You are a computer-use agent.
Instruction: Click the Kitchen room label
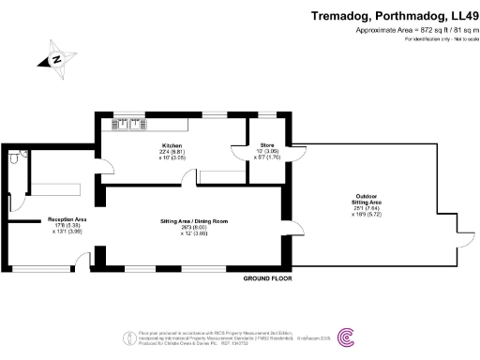[x=171, y=146]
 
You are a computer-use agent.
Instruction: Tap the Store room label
[x=262, y=146]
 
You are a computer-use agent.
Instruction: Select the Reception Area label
[x=67, y=219]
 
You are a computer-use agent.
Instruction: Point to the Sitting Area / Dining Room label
[x=193, y=221]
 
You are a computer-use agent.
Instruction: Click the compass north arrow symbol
[x=56, y=59]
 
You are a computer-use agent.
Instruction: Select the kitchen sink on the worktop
[x=127, y=123]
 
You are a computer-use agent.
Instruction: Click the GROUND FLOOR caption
[x=268, y=278]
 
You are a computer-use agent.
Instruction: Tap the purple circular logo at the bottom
[x=346, y=336]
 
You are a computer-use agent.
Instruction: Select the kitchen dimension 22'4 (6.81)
[x=171, y=153]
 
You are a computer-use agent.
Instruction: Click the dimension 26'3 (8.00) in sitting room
[x=193, y=228]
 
